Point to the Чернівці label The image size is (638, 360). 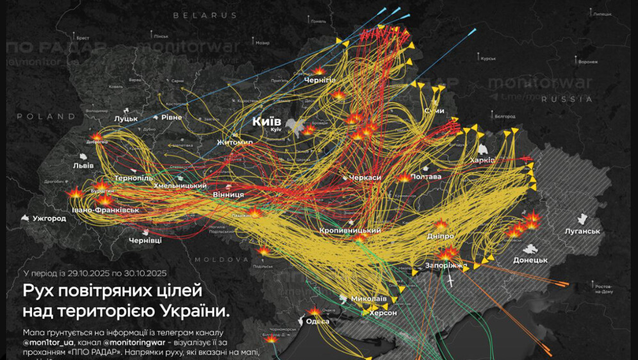click(145, 240)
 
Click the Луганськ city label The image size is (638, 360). click(582, 231)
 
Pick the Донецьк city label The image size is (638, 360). click(530, 260)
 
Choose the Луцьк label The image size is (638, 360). click(126, 119)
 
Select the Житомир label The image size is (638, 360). click(235, 142)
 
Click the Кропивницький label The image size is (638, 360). click(350, 230)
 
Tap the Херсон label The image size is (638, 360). click(383, 313)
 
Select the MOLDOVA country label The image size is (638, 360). click(222, 259)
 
